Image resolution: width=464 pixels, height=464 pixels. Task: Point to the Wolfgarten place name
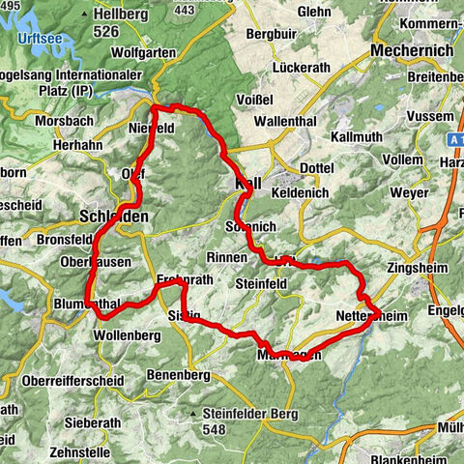[x=144, y=52]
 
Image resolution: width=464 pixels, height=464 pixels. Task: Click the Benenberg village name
[x=178, y=374]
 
